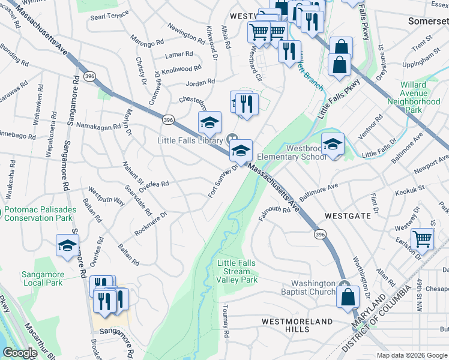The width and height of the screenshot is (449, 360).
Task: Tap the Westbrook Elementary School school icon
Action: [333, 143]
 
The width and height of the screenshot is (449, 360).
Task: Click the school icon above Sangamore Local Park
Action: [68, 245]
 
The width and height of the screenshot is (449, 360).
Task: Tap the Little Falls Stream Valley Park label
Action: [237, 271]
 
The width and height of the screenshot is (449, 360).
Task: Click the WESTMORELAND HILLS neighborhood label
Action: [297, 322]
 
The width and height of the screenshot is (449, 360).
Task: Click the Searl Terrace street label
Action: [109, 15]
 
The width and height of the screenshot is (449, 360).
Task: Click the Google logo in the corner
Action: [20, 353]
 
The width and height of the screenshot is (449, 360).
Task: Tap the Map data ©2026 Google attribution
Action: [412, 355]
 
